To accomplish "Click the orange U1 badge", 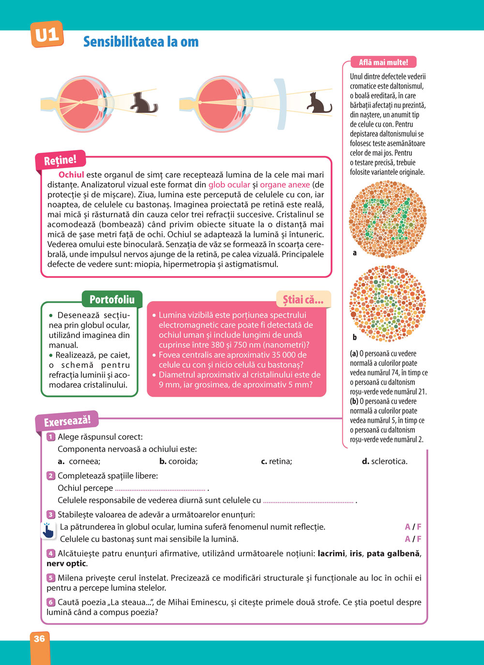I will [x=47, y=34].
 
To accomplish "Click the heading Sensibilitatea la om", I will [x=141, y=42].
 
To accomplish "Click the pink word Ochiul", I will [x=71, y=175].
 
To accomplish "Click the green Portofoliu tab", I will [x=112, y=299].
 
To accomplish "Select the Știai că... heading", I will [x=303, y=299].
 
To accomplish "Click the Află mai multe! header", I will [x=383, y=62].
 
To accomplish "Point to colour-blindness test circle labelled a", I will [x=388, y=218].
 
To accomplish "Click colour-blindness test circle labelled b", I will [x=388, y=304].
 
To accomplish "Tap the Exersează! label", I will [x=67, y=421].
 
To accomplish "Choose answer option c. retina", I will [x=276, y=462].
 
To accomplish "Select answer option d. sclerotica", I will [x=385, y=462].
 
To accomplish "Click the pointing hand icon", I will [x=48, y=531].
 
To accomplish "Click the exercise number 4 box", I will [x=51, y=554].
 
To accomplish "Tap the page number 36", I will [x=39, y=639].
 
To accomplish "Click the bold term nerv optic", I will [x=66, y=564].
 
